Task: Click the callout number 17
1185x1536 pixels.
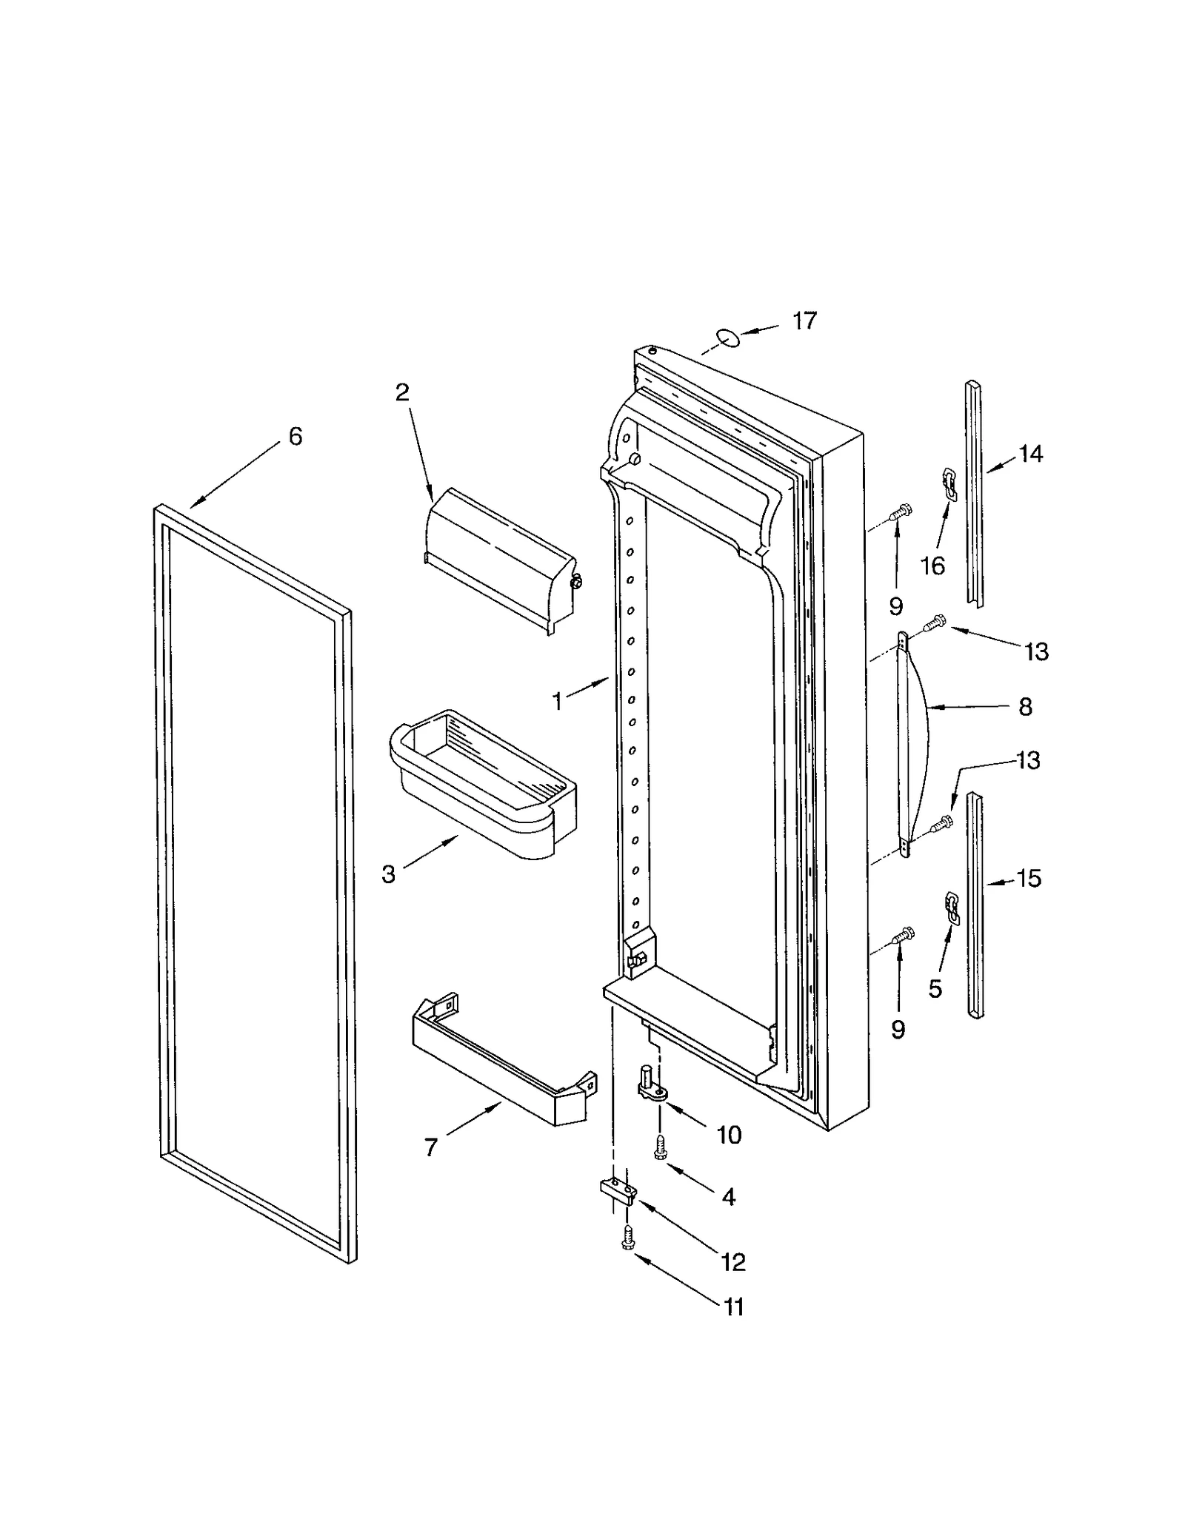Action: [804, 321]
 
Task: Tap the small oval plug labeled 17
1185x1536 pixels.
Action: [728, 338]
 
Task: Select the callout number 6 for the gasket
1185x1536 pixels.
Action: [295, 437]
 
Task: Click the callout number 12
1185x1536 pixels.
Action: [732, 1262]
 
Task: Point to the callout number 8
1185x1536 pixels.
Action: [1025, 707]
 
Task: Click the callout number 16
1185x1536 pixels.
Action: [932, 566]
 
